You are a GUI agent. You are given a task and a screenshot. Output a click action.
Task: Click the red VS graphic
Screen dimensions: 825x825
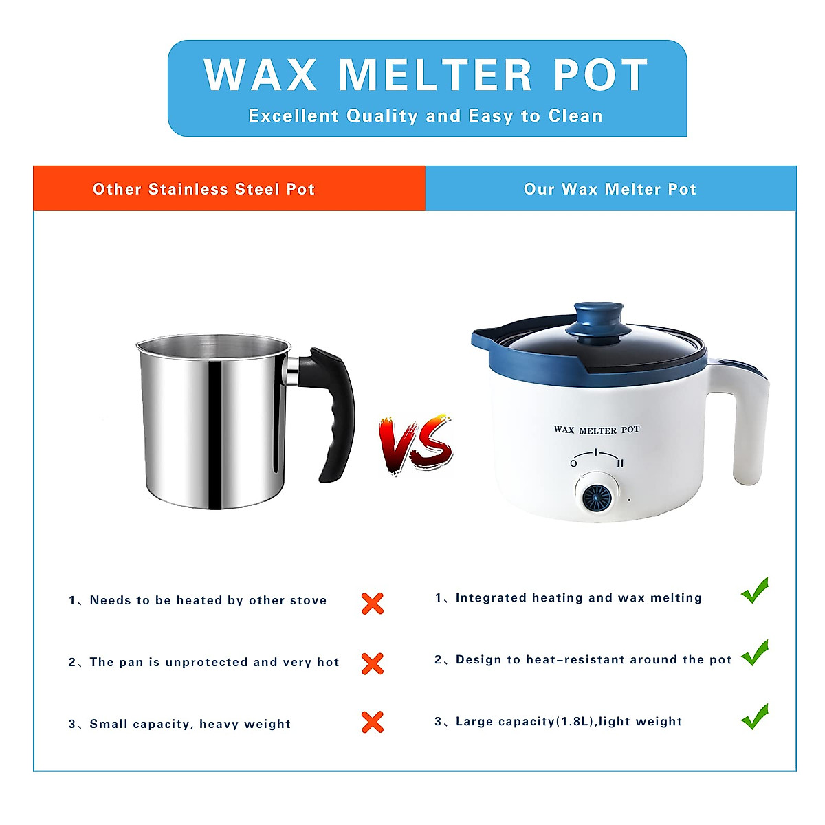click(416, 444)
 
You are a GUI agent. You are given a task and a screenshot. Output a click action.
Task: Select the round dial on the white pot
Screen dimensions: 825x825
click(596, 498)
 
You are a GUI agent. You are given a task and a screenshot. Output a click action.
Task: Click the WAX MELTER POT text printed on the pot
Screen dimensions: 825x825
click(597, 430)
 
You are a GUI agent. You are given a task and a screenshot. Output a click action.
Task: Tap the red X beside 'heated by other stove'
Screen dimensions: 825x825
click(372, 604)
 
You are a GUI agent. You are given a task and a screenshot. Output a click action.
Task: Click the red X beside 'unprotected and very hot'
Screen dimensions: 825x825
click(372, 663)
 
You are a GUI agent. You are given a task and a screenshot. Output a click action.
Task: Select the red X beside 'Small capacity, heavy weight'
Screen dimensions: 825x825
click(372, 722)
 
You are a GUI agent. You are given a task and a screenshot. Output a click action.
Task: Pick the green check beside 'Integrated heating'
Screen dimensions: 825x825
click(755, 591)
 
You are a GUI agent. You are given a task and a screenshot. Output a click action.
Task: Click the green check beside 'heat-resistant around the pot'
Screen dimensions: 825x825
click(755, 652)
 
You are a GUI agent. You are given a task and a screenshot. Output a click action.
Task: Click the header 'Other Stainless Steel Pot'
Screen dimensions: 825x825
click(203, 189)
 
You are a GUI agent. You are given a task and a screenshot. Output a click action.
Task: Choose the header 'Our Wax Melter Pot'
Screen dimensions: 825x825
click(610, 189)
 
